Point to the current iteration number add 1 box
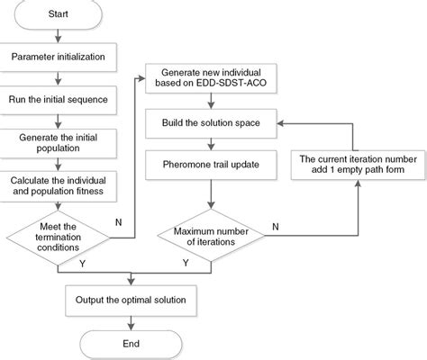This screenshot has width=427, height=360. (357, 165)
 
